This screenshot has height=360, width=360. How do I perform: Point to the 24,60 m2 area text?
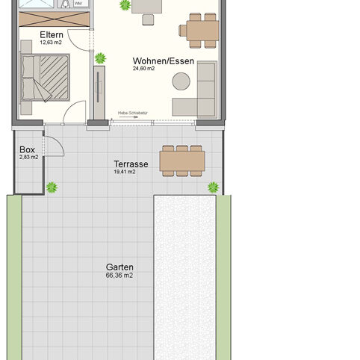[x=144, y=69]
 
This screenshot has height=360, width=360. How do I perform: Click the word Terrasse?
[x=131, y=164]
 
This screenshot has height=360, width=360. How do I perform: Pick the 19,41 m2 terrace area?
[x=125, y=173]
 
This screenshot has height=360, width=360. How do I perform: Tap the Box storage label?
[x=28, y=149]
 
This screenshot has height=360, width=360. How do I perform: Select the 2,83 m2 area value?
[x=28, y=158]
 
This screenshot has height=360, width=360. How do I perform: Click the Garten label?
[x=120, y=267]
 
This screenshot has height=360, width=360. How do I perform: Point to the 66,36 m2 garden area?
[x=120, y=275]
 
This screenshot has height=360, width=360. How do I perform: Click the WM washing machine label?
[x=78, y=3]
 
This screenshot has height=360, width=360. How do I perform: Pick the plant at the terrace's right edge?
[x=214, y=187]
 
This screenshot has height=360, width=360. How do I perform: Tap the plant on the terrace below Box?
[x=52, y=187]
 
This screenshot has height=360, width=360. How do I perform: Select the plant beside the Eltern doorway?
[x=100, y=58]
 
